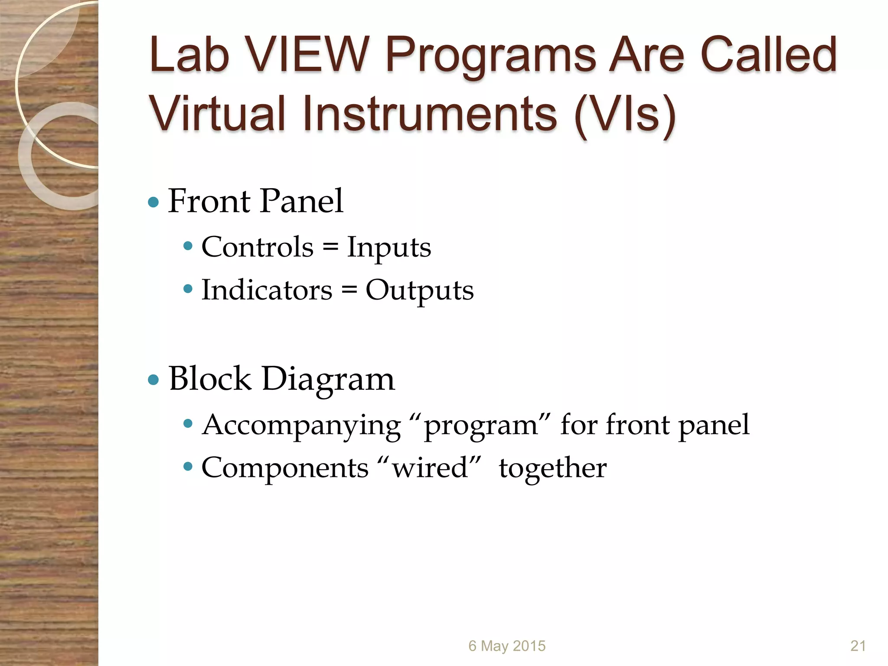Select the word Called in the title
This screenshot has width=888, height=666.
[x=768, y=55]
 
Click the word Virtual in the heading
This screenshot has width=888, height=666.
[x=217, y=113]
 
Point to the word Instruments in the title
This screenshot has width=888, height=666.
[x=430, y=113]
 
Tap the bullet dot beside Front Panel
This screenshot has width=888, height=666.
[x=153, y=202]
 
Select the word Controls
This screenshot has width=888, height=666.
[x=258, y=247]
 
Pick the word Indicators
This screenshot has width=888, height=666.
[x=267, y=290]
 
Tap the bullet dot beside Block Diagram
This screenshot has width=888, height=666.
[x=153, y=380]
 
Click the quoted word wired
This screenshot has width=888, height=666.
[x=430, y=468]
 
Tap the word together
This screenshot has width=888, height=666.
[x=552, y=469]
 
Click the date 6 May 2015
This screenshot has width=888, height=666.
[x=506, y=646]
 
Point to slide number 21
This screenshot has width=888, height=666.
[x=858, y=646]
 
